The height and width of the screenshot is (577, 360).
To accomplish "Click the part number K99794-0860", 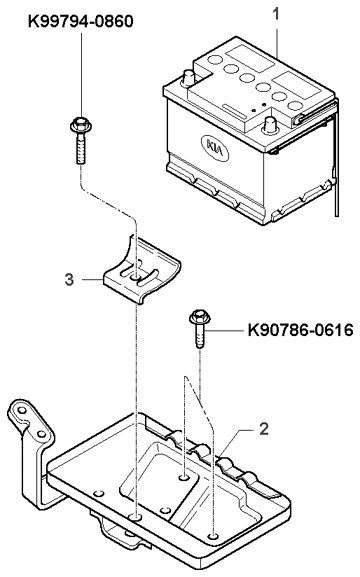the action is pyautogui.click(x=81, y=22).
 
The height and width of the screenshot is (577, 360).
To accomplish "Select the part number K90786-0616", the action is pyautogui.click(x=300, y=330).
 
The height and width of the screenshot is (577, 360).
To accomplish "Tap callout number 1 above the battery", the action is pyautogui.click(x=276, y=14).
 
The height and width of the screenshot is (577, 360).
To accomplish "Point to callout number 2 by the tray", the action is pyautogui.click(x=264, y=429).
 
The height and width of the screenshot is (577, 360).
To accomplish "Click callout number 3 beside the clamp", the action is pyautogui.click(x=69, y=280).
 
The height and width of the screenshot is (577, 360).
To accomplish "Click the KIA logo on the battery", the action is pyautogui.click(x=215, y=147).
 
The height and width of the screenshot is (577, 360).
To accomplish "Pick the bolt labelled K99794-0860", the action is pyautogui.click(x=81, y=141).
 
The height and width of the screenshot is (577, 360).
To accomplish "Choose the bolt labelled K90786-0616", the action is pyautogui.click(x=198, y=328).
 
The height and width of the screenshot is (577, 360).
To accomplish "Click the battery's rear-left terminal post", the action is pyautogui.click(x=189, y=78).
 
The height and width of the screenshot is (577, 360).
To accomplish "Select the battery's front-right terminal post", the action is pyautogui.click(x=270, y=125).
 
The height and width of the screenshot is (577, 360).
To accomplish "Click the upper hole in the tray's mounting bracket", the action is pyautogui.click(x=21, y=410).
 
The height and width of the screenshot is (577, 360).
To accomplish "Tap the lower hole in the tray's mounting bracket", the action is pyautogui.click(x=41, y=433).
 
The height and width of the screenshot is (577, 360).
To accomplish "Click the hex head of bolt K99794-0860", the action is pyautogui.click(x=81, y=125).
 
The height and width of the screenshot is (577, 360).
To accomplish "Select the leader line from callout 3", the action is pyautogui.click(x=91, y=280).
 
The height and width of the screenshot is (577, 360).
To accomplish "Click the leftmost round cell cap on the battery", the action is pyautogui.click(x=214, y=60).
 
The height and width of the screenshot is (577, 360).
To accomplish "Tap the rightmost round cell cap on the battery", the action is pyautogui.click(x=295, y=106).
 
